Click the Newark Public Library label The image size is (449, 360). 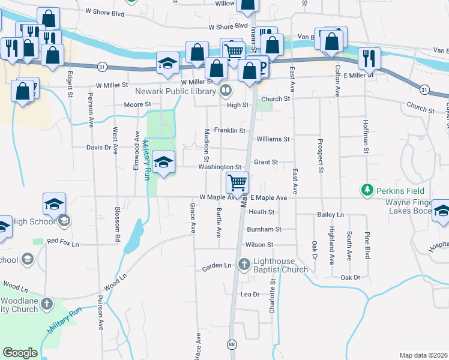click(175, 91)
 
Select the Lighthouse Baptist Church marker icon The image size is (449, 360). click(244, 263)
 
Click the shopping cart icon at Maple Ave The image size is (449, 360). click(238, 182)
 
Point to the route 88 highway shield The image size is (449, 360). click(231, 344)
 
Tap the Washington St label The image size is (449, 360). click(220, 167)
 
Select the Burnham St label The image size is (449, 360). click(264, 229)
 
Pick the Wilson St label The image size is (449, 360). click(259, 245)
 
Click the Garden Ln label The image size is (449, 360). click(216, 266)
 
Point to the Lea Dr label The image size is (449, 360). click(249, 295)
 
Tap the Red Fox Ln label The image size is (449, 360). click(62, 241)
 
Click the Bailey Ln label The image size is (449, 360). click(331, 214)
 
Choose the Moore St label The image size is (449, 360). click(137, 104)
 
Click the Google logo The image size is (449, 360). click(20, 353)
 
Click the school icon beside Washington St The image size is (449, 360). click(164, 162)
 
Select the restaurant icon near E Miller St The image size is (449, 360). click(368, 58)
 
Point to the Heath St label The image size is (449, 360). click(262, 212)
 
